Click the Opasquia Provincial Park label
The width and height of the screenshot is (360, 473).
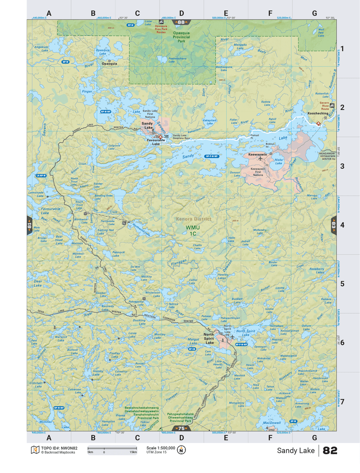tap(181, 37)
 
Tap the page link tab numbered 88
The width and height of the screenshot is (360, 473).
tap(181, 22)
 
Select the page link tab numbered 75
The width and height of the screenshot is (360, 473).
tap(181, 428)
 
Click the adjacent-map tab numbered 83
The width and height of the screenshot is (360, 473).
tap(334, 225)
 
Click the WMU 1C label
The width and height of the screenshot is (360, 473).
tap(193, 230)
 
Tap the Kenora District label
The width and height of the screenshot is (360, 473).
tap(194, 219)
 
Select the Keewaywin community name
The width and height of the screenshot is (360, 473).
tap(257, 155)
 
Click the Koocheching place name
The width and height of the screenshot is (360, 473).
tap(318, 113)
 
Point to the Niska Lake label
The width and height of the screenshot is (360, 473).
tap(278, 161)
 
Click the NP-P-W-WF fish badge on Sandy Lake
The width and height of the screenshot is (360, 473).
tap(212, 156)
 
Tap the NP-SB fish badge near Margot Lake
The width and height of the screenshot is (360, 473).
tap(192, 349)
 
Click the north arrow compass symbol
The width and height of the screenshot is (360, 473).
tap(181, 450)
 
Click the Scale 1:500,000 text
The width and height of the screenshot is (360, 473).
tap(161, 448)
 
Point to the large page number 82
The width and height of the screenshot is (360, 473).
tap(330, 450)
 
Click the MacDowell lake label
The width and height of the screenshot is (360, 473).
tap(272, 423)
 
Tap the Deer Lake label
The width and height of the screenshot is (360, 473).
tap(38, 283)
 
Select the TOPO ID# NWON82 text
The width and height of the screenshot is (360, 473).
tap(59, 448)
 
